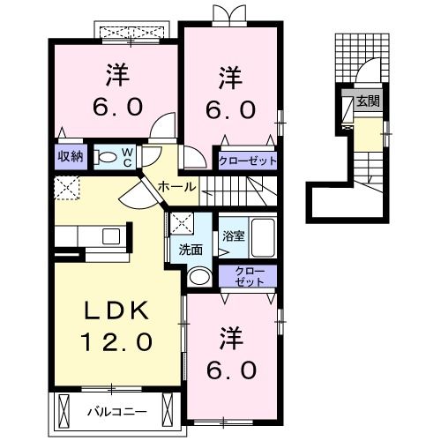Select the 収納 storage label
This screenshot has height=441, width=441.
pyautogui.click(x=71, y=157)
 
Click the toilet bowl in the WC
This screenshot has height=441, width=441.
pyautogui.click(x=108, y=158)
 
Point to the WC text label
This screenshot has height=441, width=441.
pyautogui.click(x=127, y=158)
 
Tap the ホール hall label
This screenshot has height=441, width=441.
pyautogui.click(x=178, y=187)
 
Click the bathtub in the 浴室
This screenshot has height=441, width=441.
pyautogui.click(x=262, y=235)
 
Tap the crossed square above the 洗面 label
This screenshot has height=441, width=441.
pyautogui.click(x=184, y=223)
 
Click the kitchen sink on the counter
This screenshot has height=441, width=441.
pyautogui.click(x=112, y=235)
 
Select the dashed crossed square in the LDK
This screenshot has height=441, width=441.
pyautogui.click(x=66, y=186)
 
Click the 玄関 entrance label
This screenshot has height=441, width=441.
pyautogui.click(x=369, y=102)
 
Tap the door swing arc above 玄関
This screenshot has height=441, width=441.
pyautogui.click(x=369, y=73)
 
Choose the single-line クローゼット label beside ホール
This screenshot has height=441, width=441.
pyautogui.click(x=249, y=161)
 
